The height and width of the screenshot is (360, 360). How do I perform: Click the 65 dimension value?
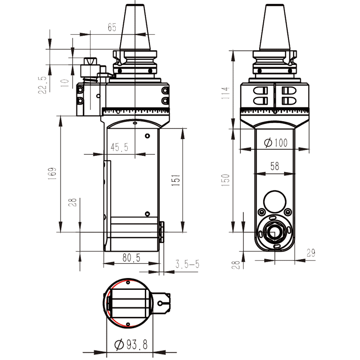click(x=112, y=27)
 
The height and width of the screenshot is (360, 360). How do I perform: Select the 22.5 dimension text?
click(x=43, y=84)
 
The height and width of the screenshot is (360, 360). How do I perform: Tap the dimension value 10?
click(x=65, y=83)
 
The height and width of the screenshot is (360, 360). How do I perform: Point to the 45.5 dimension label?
click(x=119, y=147)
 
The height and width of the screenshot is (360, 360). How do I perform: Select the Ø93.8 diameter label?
click(x=130, y=345)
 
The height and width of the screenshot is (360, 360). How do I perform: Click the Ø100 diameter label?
click(x=275, y=143)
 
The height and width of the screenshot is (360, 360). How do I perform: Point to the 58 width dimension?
click(x=274, y=166)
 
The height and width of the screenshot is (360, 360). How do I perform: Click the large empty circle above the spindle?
click(x=274, y=201)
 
